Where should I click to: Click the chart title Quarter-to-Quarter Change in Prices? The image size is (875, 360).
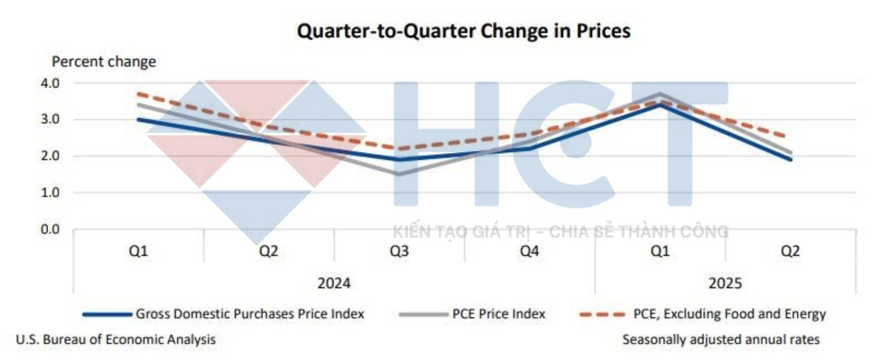point(463,31)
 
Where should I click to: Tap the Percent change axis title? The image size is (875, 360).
point(103,61)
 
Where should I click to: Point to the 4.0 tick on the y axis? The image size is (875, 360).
point(50,83)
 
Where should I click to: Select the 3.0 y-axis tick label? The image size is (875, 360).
point(50,119)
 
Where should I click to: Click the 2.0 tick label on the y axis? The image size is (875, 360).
point(50,156)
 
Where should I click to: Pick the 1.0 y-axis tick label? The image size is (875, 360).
point(50,193)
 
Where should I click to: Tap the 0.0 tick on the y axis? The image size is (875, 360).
point(50,229)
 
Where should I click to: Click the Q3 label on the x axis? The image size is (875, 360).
point(399,251)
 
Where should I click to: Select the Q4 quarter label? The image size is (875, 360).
point(529,251)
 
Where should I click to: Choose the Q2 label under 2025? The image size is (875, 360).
point(790,251)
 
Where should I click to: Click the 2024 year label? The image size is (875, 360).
point(334,283)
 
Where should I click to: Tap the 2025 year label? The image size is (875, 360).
point(725,283)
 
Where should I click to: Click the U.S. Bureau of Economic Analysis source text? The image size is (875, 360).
point(116,340)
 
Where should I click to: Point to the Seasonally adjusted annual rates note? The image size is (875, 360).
point(721,340)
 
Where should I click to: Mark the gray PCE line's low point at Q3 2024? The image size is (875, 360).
point(399,175)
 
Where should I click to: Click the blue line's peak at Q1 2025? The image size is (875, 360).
point(660,104)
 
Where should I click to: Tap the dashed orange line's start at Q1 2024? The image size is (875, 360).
point(138,94)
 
